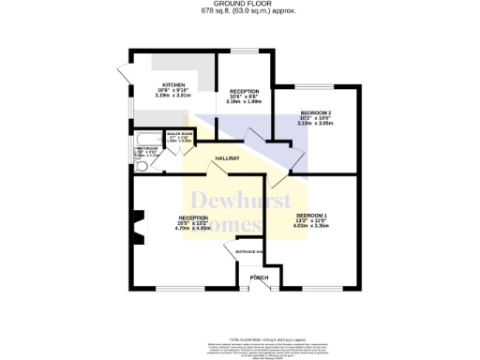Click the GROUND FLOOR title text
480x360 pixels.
coord(240,4)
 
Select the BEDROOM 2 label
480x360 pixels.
coord(316,112)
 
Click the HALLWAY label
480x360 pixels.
coord(228,158)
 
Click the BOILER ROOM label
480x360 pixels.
coord(177,134)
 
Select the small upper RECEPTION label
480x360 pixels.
coord(244,91)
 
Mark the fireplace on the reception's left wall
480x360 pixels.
coord(138,228)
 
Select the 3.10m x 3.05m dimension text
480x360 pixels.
coord(316,124)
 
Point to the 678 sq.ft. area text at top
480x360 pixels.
coord(240,11)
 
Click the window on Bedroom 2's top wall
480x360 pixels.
coord(315,83)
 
